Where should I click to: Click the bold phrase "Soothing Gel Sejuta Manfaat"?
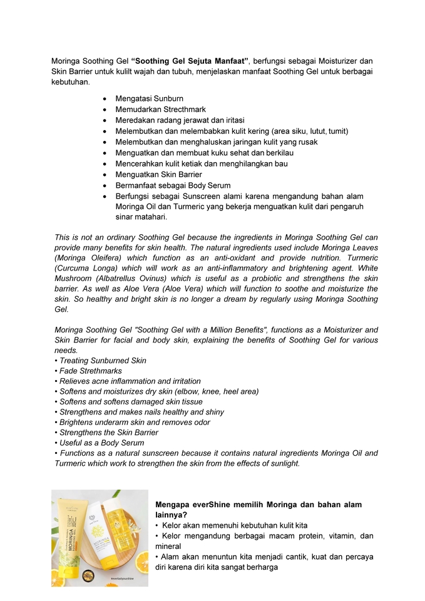tap(191, 61)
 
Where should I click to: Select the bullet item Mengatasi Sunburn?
tap(149, 99)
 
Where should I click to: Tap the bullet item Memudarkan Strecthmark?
tap(160, 110)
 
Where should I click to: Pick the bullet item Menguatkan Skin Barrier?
tap(158, 175)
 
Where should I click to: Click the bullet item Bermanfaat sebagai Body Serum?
tap(173, 185)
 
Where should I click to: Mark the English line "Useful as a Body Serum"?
tap(101, 443)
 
